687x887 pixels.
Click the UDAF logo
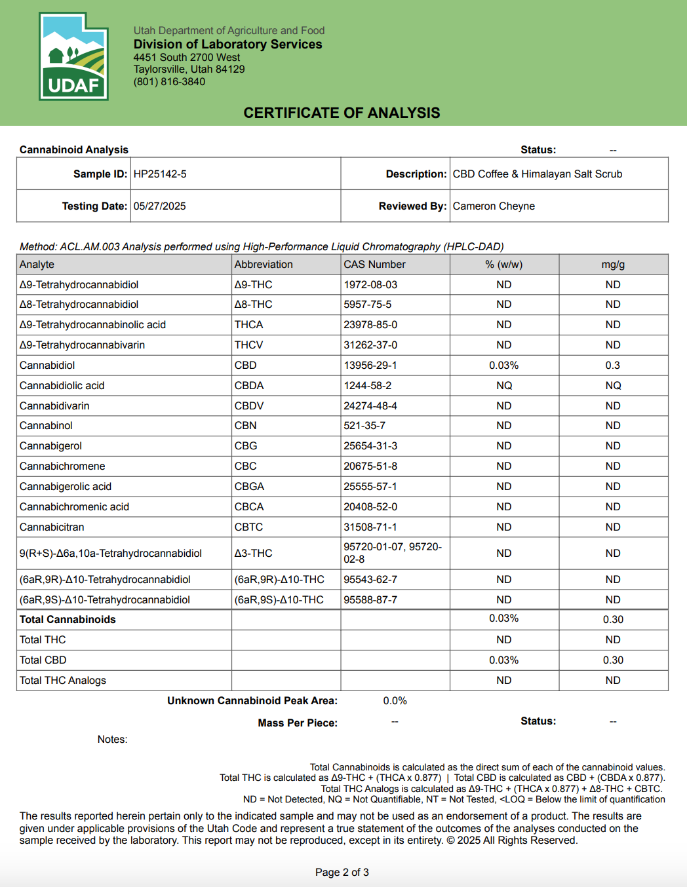[73, 56]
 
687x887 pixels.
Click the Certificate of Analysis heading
[342, 113]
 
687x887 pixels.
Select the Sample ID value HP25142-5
[160, 174]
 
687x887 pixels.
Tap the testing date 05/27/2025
[159, 206]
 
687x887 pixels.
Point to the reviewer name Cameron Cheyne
[494, 206]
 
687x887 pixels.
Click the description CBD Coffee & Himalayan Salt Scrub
[537, 174]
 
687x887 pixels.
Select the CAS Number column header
[374, 265]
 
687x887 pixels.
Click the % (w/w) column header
[503, 265]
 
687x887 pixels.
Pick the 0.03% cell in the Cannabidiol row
[503, 366]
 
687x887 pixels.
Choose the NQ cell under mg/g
[613, 386]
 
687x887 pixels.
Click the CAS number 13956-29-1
[370, 366]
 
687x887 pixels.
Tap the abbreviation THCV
[248, 345]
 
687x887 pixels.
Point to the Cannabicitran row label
[52, 527]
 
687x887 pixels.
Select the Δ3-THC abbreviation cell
[253, 554]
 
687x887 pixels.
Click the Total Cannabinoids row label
[68, 620]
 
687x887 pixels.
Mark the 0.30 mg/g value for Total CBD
[613, 660]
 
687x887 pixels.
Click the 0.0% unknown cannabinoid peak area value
[395, 701]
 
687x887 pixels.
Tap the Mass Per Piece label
[298, 723]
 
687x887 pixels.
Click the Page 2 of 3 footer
[342, 873]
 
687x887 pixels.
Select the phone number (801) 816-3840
[169, 82]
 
